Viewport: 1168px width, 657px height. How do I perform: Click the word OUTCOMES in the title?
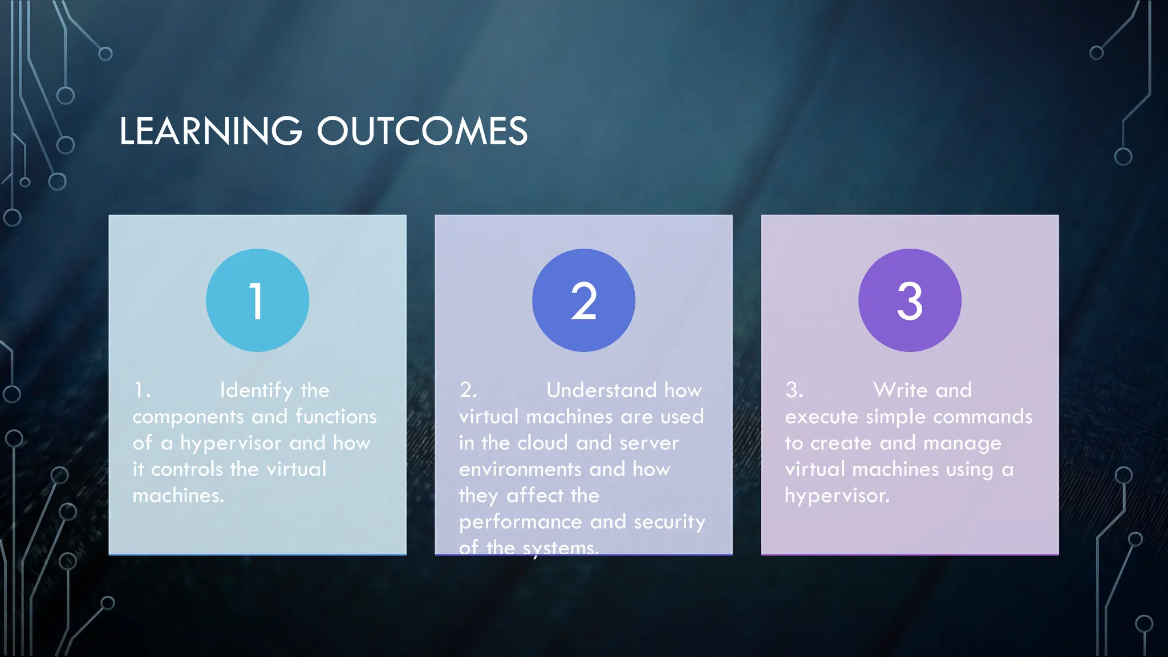click(422, 131)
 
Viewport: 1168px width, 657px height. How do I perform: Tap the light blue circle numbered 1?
click(257, 300)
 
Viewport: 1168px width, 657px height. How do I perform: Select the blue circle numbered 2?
click(583, 300)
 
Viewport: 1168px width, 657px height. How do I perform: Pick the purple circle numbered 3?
click(910, 300)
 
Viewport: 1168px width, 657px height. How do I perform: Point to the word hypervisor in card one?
click(230, 443)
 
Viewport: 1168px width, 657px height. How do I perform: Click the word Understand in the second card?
click(601, 390)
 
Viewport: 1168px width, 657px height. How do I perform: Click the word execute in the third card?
click(821, 417)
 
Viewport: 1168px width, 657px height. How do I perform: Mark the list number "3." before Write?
click(794, 390)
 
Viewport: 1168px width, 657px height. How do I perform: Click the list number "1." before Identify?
click(141, 390)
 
